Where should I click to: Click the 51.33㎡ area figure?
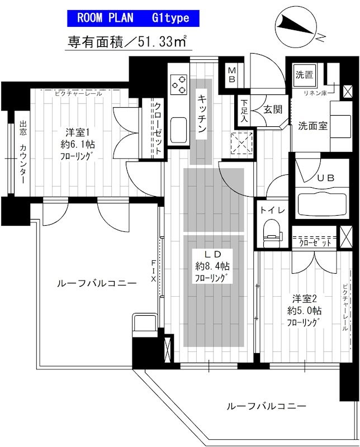click(162, 41)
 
